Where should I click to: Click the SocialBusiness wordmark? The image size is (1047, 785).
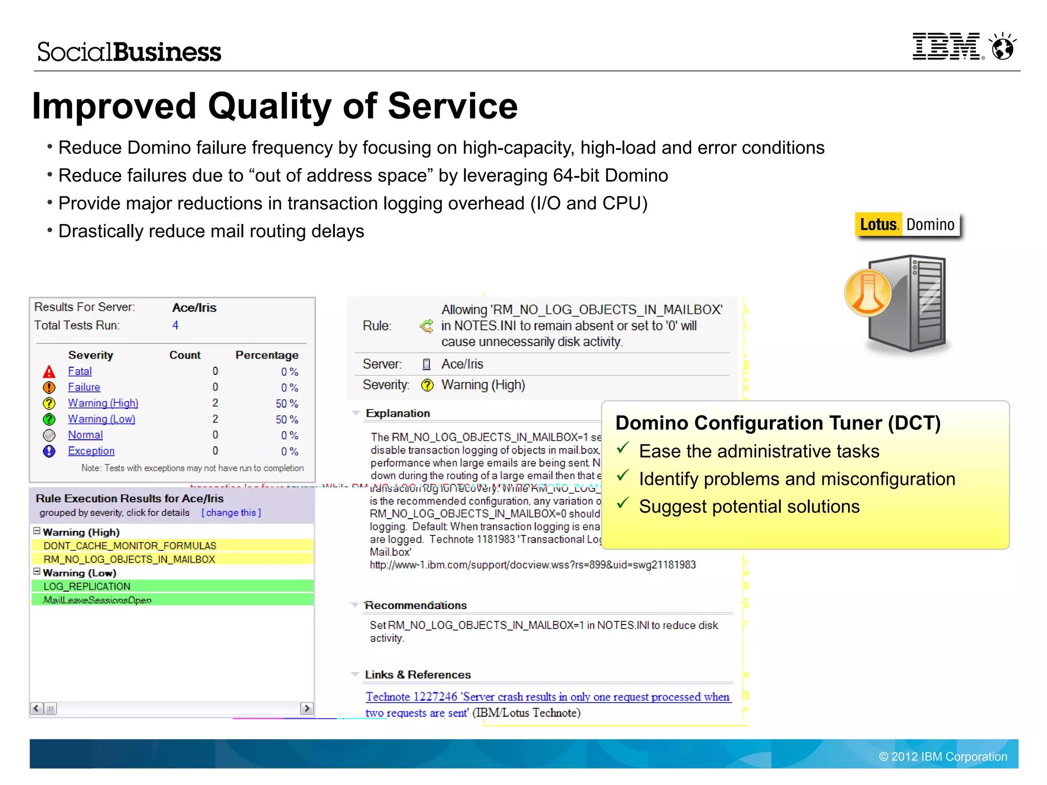pos(129,52)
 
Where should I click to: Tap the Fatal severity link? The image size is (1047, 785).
pos(80,371)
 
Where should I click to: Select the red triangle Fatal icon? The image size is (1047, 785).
pos(49,372)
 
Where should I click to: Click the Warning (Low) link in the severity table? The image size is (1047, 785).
pos(101,419)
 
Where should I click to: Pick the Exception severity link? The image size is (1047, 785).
pos(91,451)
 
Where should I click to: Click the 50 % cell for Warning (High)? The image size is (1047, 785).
pos(286,403)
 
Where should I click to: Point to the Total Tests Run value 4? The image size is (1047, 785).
pos(175,325)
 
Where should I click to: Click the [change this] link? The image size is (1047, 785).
pos(231,512)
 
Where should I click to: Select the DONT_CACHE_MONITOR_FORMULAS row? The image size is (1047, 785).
pos(130,546)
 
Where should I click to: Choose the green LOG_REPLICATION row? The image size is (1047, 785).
pos(87,586)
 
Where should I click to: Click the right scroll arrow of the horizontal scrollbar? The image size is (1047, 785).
pos(307,708)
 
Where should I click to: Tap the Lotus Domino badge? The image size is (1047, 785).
pos(907,225)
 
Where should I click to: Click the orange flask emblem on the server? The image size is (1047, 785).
pos(868,293)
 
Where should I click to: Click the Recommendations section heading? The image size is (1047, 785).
pos(416,605)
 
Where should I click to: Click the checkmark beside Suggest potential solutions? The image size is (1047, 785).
pos(623,504)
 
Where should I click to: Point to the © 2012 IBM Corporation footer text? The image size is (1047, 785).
pos(943,756)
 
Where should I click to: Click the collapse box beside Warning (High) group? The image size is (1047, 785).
pos(37,531)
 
